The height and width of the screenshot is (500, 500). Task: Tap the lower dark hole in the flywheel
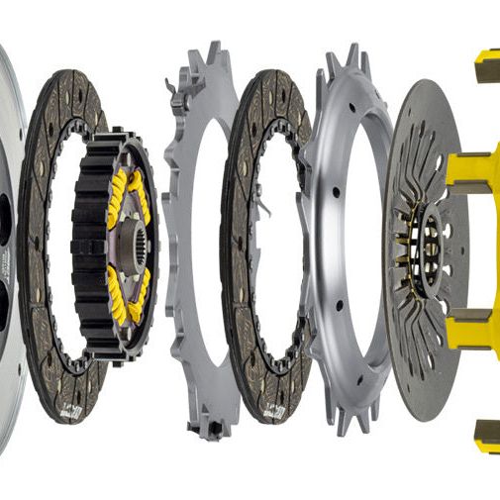coord(5,297)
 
